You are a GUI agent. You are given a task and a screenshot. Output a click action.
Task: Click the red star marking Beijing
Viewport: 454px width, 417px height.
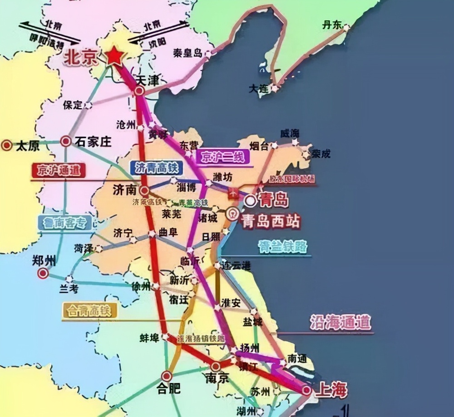114,56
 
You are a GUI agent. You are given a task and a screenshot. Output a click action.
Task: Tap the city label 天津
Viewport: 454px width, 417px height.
148,81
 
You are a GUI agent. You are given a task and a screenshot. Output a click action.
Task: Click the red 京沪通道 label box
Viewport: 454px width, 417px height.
59,170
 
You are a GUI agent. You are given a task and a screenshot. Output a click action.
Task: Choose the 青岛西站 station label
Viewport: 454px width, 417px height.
271,222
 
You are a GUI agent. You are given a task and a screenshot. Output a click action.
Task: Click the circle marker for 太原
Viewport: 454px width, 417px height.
7,145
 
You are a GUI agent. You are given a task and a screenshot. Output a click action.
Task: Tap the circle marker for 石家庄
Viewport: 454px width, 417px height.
66,142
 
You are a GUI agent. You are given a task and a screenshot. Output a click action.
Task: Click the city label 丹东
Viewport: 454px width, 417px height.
332,25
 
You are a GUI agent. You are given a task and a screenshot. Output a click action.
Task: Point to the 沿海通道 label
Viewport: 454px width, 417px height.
340,323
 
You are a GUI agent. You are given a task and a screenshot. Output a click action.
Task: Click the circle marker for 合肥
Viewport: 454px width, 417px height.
167,376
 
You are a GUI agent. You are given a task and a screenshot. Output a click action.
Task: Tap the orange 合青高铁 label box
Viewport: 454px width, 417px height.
89,310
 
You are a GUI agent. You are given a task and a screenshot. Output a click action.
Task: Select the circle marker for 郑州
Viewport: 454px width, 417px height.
43,273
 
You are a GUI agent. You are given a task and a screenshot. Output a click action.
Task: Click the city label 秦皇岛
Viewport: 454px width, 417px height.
187,53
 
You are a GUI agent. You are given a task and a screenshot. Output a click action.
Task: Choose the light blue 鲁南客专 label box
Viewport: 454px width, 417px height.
64,222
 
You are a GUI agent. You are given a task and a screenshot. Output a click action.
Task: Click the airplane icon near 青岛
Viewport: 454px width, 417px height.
234,193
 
